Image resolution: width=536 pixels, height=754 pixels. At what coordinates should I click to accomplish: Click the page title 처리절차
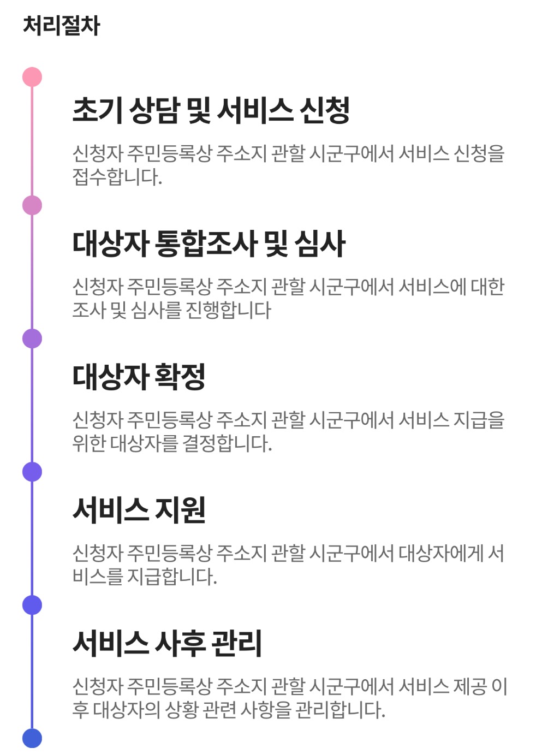click(61, 26)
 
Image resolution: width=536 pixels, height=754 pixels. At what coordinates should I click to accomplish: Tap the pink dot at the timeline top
click(32, 77)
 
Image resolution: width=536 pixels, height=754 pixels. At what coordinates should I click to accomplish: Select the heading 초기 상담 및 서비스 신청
click(211, 110)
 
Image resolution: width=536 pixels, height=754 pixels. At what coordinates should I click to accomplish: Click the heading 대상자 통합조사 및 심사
click(209, 244)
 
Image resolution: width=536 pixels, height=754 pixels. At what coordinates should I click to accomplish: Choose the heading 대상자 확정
click(139, 377)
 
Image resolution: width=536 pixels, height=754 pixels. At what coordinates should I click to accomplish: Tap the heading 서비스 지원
click(139, 510)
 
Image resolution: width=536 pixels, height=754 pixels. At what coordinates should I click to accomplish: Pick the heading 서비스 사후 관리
click(167, 643)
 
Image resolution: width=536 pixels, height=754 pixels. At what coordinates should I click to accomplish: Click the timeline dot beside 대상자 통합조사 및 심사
click(32, 205)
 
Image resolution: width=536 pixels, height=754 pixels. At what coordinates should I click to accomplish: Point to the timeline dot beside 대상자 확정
click(32, 339)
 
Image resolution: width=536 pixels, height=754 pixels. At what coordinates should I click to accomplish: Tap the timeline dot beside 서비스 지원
click(32, 472)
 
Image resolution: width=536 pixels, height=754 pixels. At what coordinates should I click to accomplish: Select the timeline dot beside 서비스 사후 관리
click(32, 605)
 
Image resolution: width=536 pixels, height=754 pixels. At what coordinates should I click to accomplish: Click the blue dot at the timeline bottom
click(32, 738)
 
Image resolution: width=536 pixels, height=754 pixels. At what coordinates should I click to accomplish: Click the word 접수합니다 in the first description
click(117, 177)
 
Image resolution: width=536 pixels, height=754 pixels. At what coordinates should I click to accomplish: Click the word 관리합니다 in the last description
click(340, 710)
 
